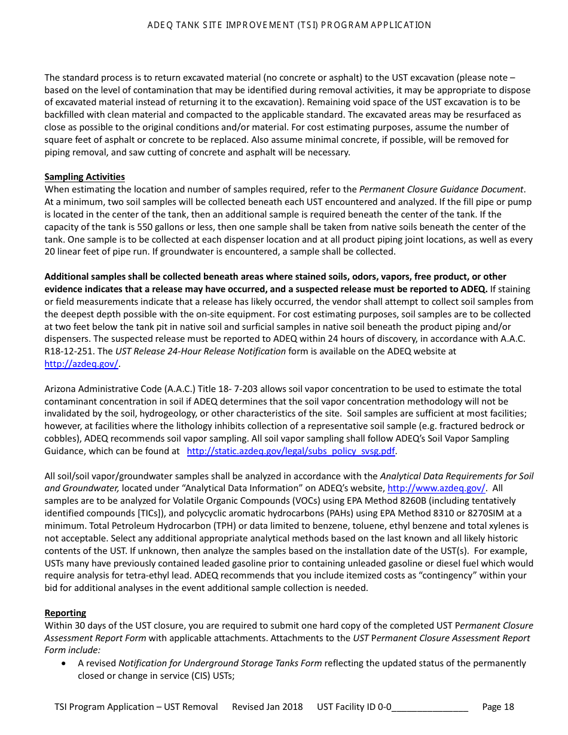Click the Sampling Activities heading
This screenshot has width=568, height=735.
[84, 177]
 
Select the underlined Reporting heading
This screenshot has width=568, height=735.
[65, 613]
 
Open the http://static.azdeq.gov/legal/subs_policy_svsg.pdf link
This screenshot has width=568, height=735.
[291, 451]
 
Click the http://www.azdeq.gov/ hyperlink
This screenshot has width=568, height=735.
[436, 488]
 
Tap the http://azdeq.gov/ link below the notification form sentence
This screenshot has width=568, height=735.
[82, 363]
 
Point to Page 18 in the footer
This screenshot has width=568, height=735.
[497, 707]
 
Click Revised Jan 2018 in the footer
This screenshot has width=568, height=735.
[267, 707]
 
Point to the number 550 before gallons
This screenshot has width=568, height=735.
[146, 227]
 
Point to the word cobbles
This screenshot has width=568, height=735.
[62, 439]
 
